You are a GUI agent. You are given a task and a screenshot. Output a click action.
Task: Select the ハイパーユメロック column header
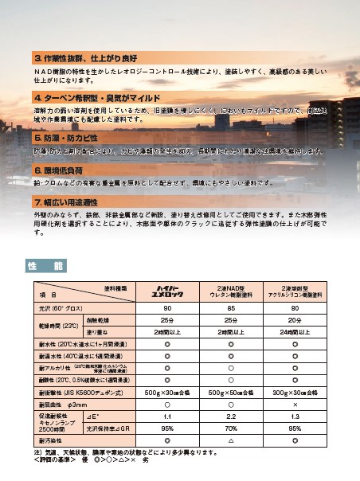pos(167,288)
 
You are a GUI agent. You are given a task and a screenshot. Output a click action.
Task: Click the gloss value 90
pos(167,307)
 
